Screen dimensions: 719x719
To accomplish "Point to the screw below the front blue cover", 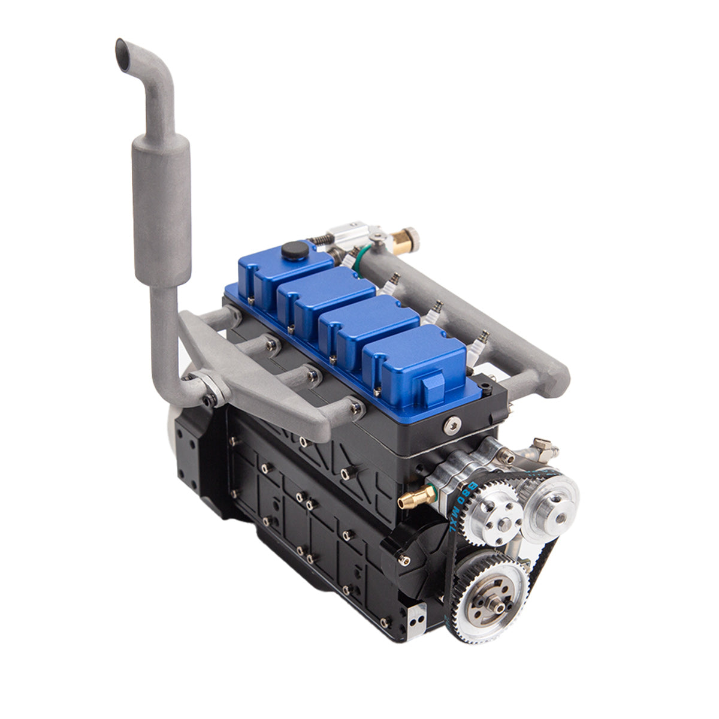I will pyautogui.click(x=449, y=425).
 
